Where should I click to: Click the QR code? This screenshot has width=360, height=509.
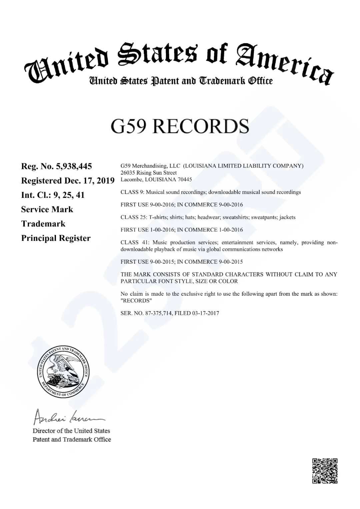325,471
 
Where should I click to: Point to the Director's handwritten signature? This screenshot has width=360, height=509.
69,416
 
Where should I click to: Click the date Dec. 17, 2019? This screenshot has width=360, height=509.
92,181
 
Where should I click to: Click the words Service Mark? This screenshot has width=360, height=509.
47,209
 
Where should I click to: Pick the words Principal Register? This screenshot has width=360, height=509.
56,238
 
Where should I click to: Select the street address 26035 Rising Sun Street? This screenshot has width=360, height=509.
149,173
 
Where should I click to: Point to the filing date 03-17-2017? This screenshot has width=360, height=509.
206,313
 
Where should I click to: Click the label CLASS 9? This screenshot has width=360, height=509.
132,192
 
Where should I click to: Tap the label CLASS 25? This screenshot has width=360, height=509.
134,217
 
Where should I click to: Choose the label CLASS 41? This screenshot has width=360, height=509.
134,243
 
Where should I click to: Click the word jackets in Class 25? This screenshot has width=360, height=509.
287,217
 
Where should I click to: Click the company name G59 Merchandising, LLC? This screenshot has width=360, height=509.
150,166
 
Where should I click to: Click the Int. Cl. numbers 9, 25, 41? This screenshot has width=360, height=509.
69,195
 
